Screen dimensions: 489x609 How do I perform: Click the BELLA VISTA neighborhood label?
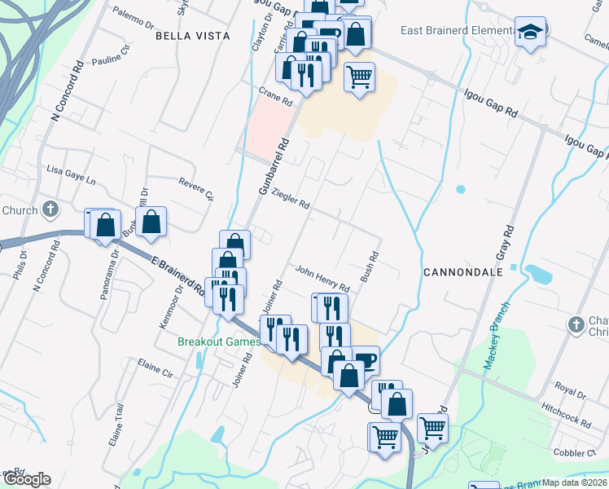pos(193,36)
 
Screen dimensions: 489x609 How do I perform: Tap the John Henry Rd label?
pos(322,279)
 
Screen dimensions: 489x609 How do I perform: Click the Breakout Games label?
pos(219,342)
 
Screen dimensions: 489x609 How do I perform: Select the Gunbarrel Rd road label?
pos(274,165)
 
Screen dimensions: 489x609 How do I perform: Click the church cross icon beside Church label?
pos(50,210)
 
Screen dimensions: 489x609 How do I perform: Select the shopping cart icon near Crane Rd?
pos(359,77)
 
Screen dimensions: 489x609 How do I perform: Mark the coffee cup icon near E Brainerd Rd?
pos(366,359)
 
